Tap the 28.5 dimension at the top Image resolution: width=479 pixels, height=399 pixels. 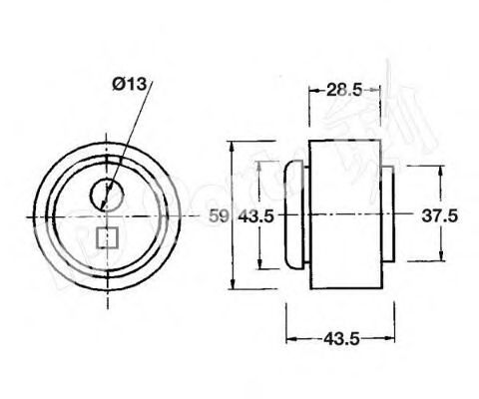tap(343, 90)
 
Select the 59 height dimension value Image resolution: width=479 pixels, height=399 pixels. tap(221, 216)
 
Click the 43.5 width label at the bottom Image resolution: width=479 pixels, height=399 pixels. tap(341, 338)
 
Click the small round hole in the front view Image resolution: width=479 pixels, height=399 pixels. tap(107, 194)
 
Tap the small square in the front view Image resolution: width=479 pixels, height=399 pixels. tap(107, 238)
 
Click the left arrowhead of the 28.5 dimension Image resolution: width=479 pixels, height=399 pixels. tap(312, 90)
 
